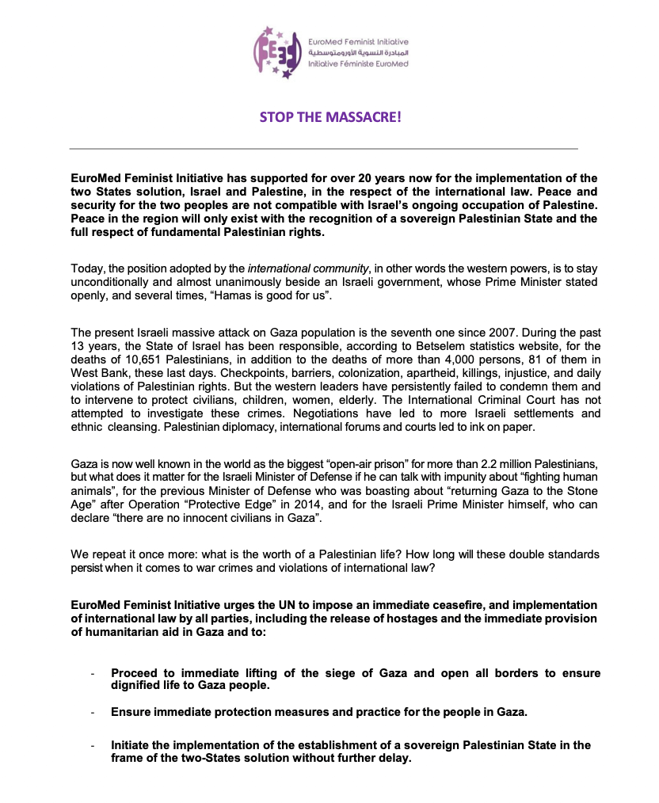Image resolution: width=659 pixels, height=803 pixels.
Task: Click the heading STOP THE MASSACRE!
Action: [331, 117]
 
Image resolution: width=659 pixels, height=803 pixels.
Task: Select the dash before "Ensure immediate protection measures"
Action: [93, 712]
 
